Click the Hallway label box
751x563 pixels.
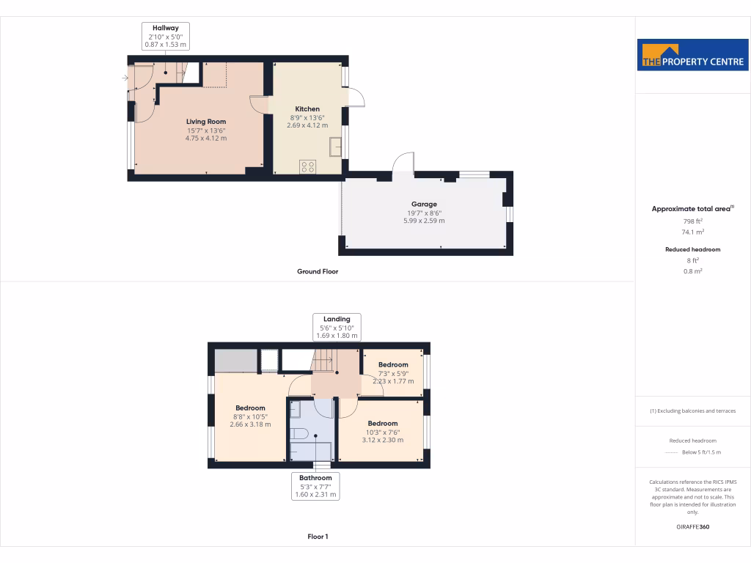166,36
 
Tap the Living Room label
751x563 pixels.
205,122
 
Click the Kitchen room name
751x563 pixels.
307,109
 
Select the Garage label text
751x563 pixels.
424,205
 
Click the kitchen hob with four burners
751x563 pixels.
308,166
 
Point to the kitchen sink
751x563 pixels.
336,147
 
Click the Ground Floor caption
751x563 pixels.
317,271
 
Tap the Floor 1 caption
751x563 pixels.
318,537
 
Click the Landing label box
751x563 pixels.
337,327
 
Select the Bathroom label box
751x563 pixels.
315,486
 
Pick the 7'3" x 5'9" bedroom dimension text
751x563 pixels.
393,373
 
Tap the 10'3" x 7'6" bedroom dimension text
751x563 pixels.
383,432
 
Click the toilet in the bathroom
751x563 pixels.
299,434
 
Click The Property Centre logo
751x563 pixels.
693,55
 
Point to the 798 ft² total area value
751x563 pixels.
693,221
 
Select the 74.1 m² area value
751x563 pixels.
693,232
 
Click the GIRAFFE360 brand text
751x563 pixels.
693,526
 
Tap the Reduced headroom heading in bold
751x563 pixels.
693,249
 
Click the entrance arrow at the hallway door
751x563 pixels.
125,78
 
